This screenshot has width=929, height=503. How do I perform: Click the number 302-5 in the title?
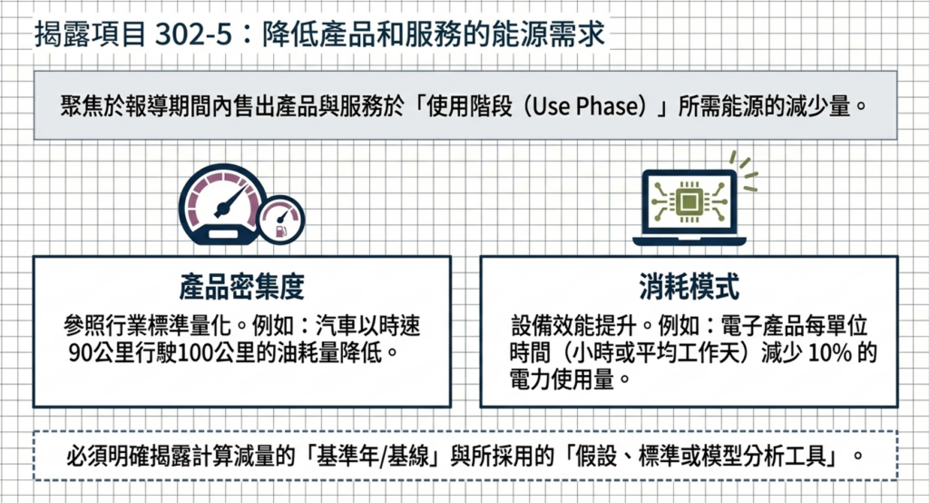coord(193,34)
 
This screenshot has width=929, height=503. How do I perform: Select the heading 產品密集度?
coord(241,287)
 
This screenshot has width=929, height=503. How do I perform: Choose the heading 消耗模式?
coord(689,287)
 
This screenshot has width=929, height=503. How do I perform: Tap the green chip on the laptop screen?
coord(689,202)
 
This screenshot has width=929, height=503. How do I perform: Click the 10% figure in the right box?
coord(829,352)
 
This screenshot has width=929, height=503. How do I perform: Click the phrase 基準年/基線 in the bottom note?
coord(373,456)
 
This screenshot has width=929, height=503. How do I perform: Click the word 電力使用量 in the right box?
coord(562,379)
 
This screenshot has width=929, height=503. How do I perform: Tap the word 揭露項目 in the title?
coord(90,34)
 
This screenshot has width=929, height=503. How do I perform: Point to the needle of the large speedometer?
coord(231,200)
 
